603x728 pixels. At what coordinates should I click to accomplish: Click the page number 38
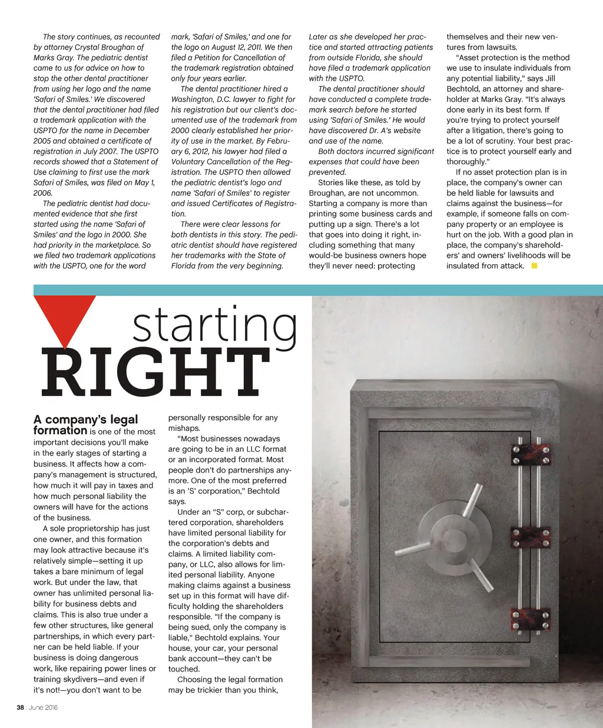[19, 707]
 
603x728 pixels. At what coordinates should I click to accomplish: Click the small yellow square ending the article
[534, 266]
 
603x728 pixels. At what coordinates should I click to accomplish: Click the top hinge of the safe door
[531, 454]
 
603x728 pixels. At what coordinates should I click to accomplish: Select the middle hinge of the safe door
[531, 535]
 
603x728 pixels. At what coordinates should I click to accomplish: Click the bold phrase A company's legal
[85, 420]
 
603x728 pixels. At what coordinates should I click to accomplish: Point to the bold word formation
[60, 431]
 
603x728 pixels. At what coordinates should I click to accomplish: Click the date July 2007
[94, 151]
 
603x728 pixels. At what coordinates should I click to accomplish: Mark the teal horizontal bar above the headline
[318, 290]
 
